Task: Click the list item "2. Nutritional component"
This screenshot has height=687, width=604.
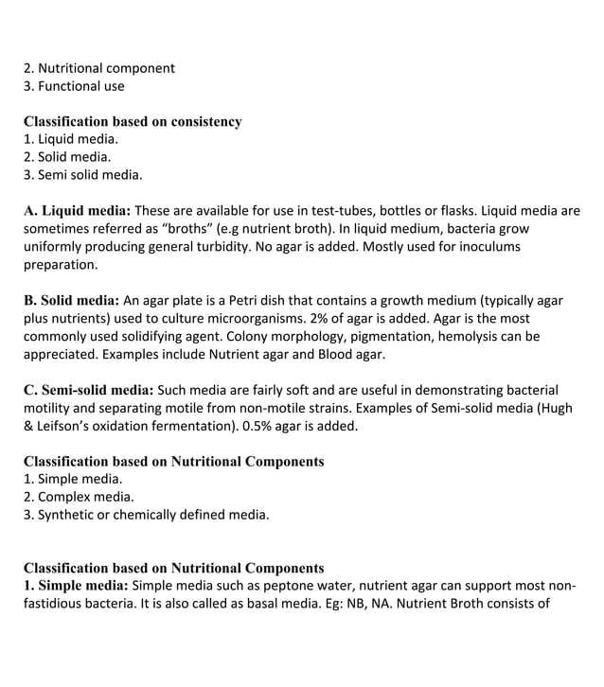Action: tap(98, 68)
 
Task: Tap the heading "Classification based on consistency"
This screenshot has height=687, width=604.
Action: tap(133, 121)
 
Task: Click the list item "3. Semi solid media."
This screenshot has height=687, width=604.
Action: tap(82, 175)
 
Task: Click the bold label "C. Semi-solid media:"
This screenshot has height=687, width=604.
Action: tap(88, 390)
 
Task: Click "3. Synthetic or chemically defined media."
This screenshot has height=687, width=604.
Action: tap(146, 515)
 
